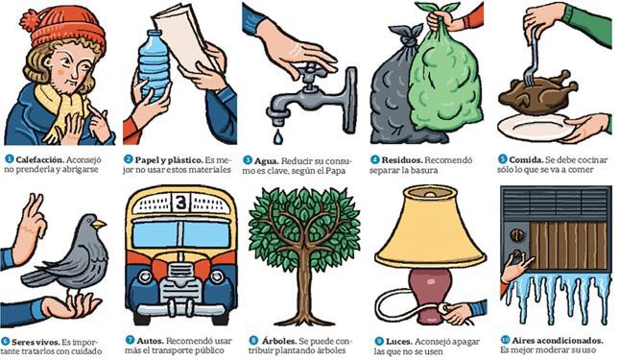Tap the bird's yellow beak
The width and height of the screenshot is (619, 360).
point(100,224)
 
